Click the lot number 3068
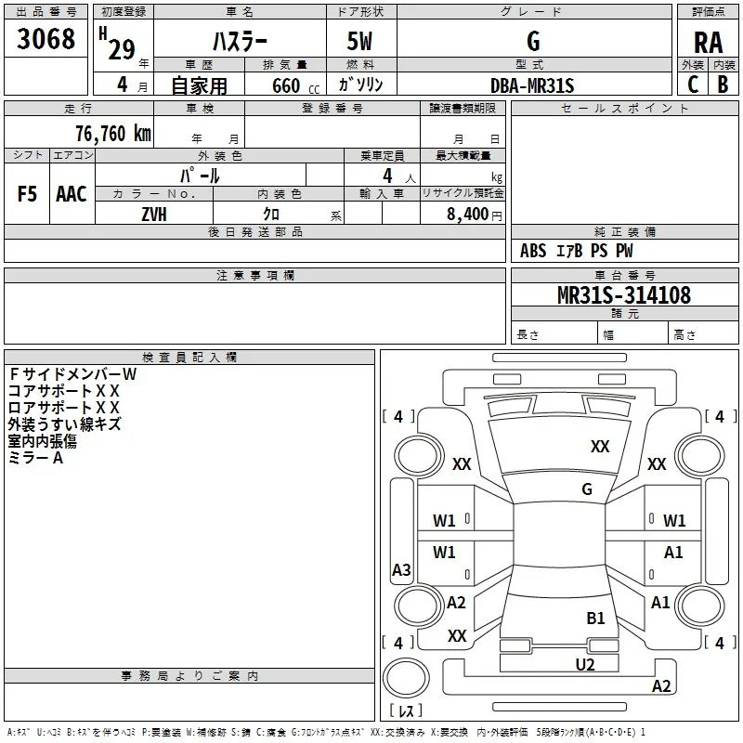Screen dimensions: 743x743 [x=46, y=38]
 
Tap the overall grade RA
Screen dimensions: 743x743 [x=708, y=43]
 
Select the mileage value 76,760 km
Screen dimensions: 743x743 [x=113, y=134]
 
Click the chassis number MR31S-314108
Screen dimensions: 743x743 [x=624, y=294]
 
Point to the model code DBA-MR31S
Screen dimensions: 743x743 [x=532, y=85]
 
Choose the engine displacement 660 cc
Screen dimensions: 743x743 [x=295, y=86]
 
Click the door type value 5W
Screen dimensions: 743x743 [x=359, y=41]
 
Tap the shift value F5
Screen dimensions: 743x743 [x=27, y=194]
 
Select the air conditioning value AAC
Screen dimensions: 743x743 [x=72, y=194]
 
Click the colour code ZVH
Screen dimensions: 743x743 [x=154, y=215]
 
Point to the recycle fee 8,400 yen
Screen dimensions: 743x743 [x=475, y=215]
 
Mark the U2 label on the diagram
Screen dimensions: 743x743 [x=585, y=664]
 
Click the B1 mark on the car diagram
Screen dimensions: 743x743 [x=595, y=618]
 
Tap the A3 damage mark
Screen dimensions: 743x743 [x=401, y=569]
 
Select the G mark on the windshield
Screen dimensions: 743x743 [x=587, y=489]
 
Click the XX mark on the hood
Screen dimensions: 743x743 [x=600, y=446]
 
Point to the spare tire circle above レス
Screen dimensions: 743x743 [x=406, y=678]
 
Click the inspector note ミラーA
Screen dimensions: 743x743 [x=35, y=458]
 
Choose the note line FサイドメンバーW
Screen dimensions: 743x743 [x=72, y=374]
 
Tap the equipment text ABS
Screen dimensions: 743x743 [x=533, y=251]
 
